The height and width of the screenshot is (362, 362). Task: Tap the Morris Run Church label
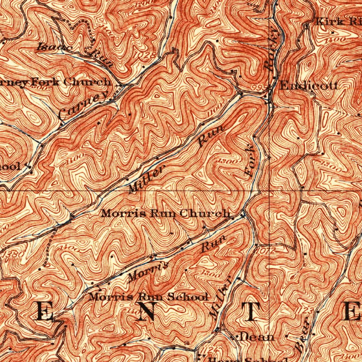point(165,214)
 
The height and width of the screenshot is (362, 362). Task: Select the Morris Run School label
point(148,297)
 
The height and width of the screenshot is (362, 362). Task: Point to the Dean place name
point(256,337)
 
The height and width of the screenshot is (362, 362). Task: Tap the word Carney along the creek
point(84,107)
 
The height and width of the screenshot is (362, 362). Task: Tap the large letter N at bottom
point(146,311)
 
